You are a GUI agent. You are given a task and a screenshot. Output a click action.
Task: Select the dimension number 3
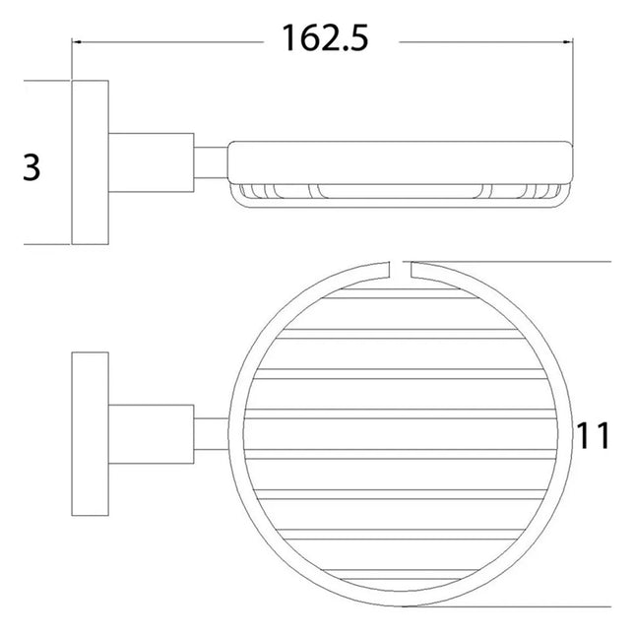(x=32, y=167)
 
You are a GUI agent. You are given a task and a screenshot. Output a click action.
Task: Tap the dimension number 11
(x=594, y=434)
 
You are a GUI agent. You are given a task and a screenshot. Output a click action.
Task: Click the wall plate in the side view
(x=90, y=162)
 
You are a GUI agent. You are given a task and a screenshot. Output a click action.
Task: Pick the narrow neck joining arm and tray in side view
(x=211, y=164)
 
